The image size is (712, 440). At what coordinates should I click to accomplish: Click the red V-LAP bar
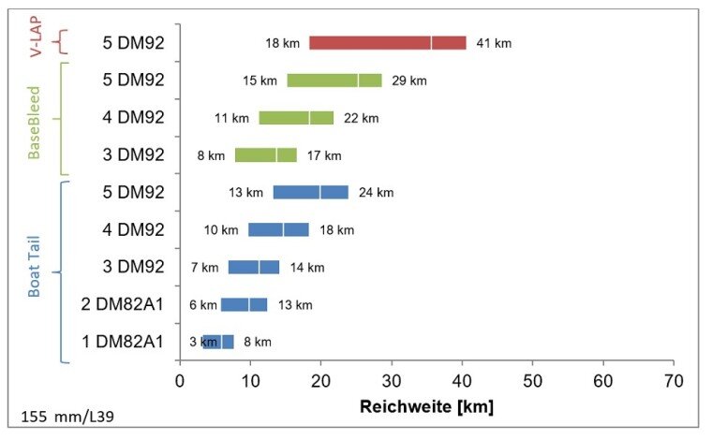coord(387,43)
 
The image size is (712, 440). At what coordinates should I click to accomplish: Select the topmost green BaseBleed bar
coord(334,81)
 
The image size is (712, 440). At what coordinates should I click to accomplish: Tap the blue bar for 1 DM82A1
coord(217,342)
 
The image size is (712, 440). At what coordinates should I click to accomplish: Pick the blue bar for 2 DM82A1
coord(244,304)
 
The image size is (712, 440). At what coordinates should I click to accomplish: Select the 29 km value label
coord(408,81)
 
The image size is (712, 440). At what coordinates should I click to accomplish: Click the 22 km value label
coord(361,118)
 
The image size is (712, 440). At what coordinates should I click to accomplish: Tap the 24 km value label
coord(376,193)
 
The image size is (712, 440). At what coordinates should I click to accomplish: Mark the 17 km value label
coord(324,155)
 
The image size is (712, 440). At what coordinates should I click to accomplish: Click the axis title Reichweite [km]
coord(426,407)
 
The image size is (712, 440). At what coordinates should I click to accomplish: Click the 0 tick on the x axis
coord(180,381)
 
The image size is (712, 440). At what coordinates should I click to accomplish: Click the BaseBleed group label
coord(35,119)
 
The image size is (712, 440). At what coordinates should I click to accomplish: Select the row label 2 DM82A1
coord(123,304)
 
